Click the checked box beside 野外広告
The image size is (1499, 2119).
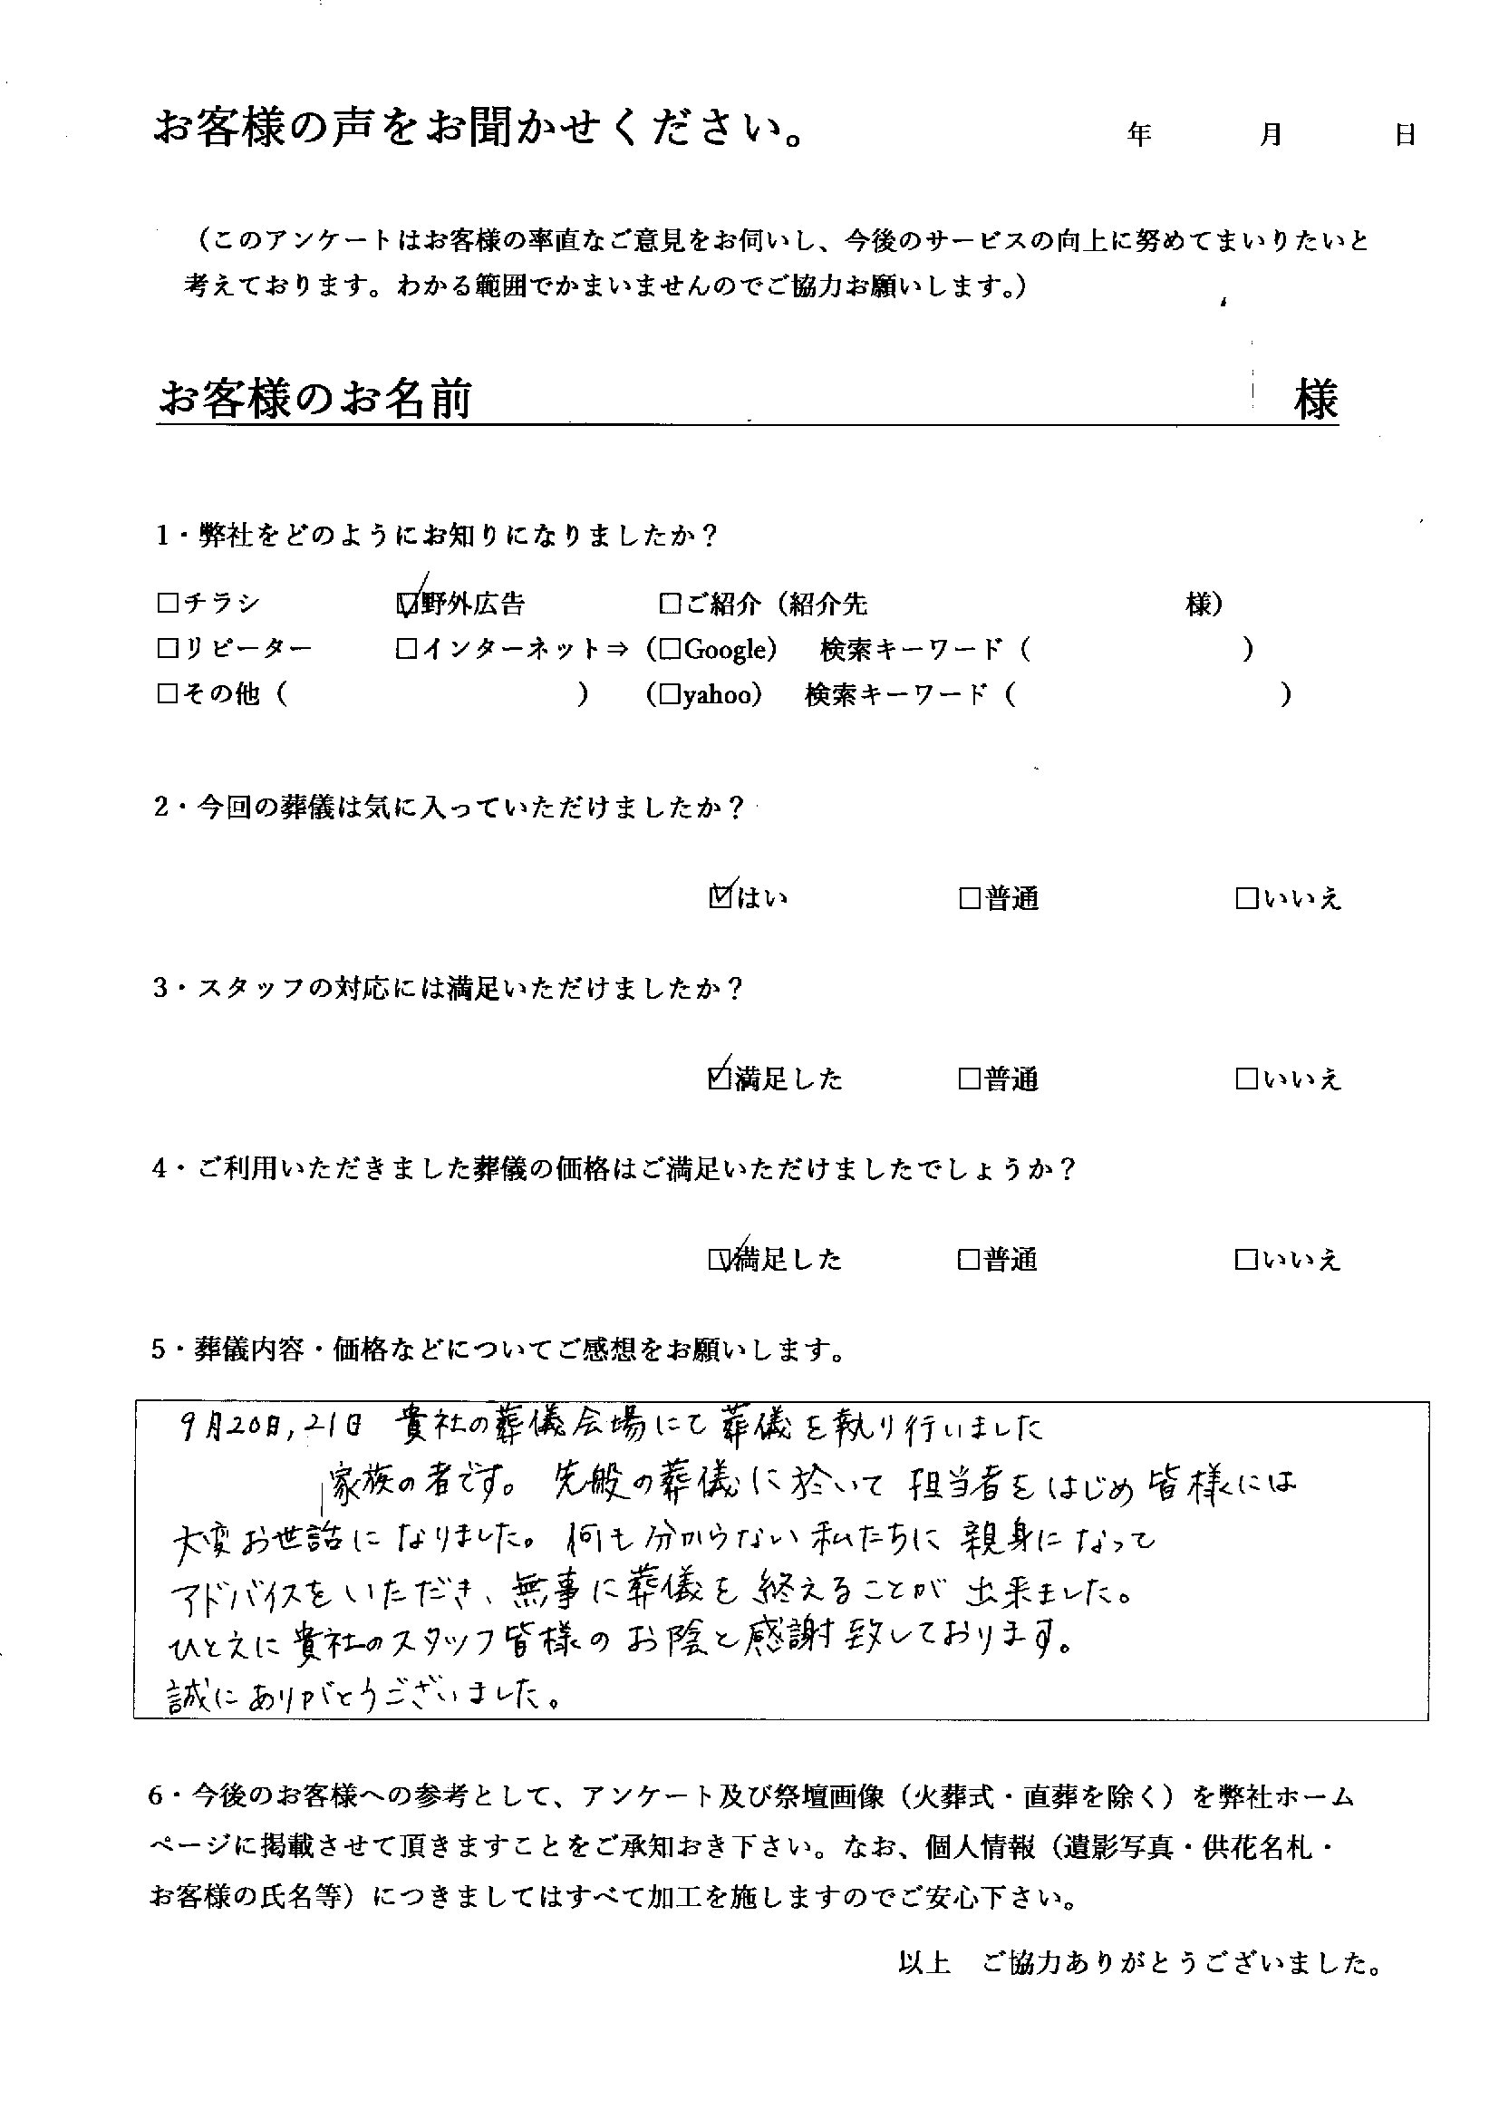pyautogui.click(x=406, y=605)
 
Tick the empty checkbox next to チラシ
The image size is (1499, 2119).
pyautogui.click(x=167, y=604)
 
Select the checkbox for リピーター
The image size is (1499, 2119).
pyautogui.click(x=167, y=650)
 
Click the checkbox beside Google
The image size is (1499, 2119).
pyautogui.click(x=671, y=651)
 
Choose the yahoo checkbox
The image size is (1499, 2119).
pyautogui.click(x=671, y=695)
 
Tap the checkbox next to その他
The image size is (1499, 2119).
pyautogui.click(x=167, y=695)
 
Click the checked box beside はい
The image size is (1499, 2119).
pyautogui.click(x=720, y=897)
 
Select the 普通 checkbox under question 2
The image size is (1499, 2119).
pyautogui.click(x=969, y=898)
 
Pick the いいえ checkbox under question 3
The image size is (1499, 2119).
pyautogui.click(x=1246, y=1079)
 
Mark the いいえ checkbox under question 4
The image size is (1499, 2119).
pyautogui.click(x=1246, y=1260)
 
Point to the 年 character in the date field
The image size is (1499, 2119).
pyautogui.click(x=1139, y=135)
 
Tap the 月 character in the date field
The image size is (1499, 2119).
pyautogui.click(x=1271, y=135)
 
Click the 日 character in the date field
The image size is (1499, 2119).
pyautogui.click(x=1405, y=135)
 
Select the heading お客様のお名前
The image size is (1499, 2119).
pyautogui.click(x=315, y=401)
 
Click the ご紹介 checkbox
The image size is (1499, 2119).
pyautogui.click(x=670, y=605)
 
